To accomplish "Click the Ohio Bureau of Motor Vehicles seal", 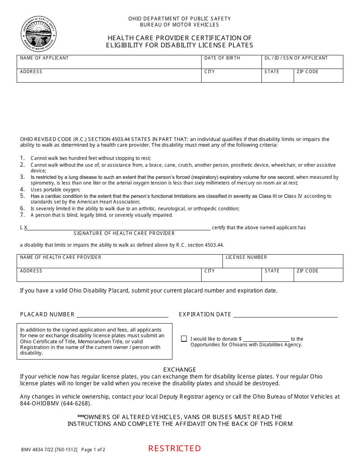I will (x=38, y=34).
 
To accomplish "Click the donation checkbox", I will (x=184, y=339).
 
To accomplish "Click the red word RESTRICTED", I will (x=174, y=449).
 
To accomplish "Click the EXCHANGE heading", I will (x=180, y=370).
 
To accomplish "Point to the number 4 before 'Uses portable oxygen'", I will (x=22, y=189).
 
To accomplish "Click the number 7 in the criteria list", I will (x=22, y=215).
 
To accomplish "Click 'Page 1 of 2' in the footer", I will (x=93, y=450).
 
